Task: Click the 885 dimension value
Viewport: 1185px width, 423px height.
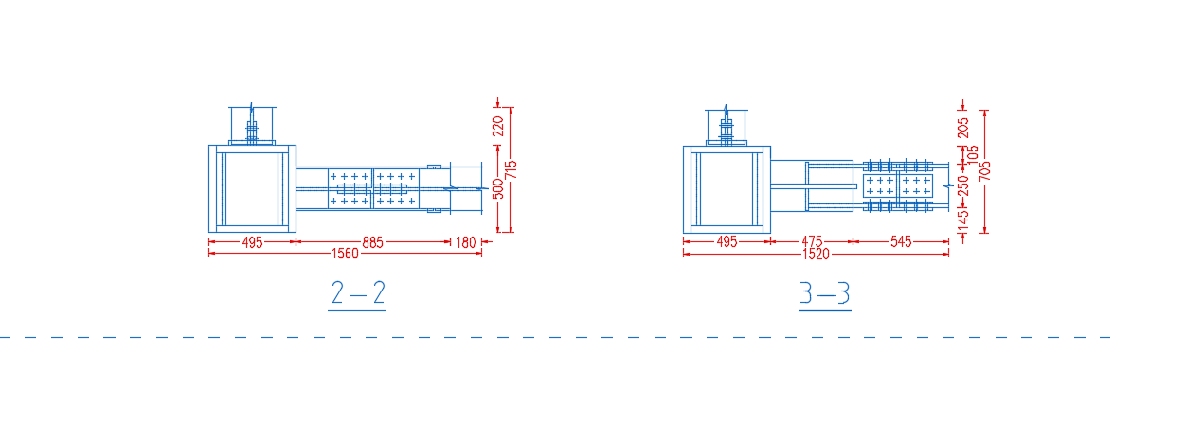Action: pyautogui.click(x=372, y=242)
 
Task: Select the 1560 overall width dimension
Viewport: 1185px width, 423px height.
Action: pyautogui.click(x=345, y=254)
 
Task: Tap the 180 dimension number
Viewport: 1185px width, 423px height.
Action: pyautogui.click(x=465, y=242)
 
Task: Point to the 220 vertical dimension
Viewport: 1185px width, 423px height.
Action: pyautogui.click(x=498, y=127)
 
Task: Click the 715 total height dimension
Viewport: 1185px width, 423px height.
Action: pyautogui.click(x=511, y=169)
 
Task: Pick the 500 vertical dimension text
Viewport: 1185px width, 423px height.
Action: pyautogui.click(x=498, y=188)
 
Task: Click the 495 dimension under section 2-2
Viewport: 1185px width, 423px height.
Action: pyautogui.click(x=252, y=242)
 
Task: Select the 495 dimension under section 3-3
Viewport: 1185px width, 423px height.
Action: pyautogui.click(x=727, y=241)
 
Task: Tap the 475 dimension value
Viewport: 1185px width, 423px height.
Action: pyautogui.click(x=812, y=241)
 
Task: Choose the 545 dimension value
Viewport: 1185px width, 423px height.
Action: pyautogui.click(x=901, y=241)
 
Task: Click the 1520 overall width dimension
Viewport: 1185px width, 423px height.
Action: pyautogui.click(x=816, y=255)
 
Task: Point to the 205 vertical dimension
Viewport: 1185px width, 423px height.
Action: pyautogui.click(x=962, y=128)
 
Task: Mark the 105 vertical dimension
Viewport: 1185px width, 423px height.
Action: pyautogui.click(x=973, y=155)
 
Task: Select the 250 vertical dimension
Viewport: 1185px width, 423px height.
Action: pyautogui.click(x=962, y=185)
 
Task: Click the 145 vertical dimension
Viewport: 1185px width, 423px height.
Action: pyautogui.click(x=962, y=219)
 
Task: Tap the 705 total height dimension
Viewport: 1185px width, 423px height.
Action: pyautogui.click(x=984, y=171)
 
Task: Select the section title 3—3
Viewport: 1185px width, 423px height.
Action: pyautogui.click(x=825, y=293)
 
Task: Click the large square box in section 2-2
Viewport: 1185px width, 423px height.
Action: pyautogui.click(x=209, y=188)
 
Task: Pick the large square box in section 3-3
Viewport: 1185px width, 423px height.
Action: pyautogui.click(x=684, y=189)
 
